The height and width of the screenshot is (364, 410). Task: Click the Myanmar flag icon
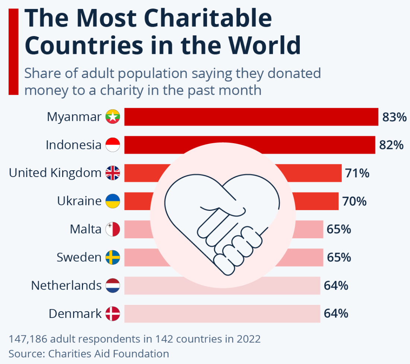112,117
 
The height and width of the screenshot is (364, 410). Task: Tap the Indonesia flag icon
112,145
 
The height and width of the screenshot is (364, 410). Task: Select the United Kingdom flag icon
112,173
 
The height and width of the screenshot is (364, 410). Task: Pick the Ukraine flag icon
112,201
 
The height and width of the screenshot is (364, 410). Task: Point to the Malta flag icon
112,229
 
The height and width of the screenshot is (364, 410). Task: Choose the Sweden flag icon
112,257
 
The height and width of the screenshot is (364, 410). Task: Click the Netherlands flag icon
112,286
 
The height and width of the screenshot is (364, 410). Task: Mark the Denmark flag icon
112,314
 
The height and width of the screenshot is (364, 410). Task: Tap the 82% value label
391,145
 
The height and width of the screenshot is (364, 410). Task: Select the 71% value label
357,173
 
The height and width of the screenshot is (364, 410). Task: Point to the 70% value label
354,201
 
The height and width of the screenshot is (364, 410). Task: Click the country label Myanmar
74,117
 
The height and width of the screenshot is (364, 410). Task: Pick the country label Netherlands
66,286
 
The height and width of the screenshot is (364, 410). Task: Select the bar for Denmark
222,314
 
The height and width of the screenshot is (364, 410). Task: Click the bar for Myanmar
251,117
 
